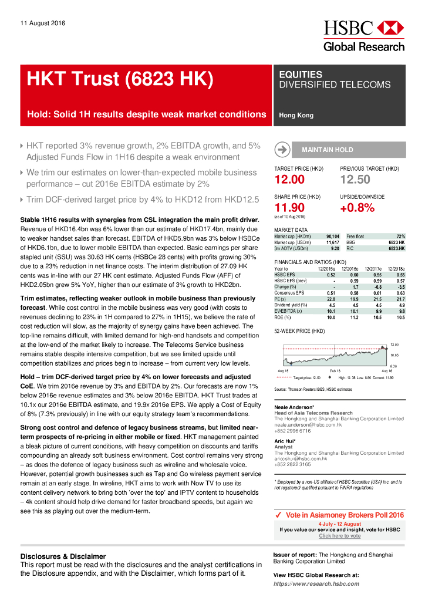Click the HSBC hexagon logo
point(390,28)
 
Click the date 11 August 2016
point(43,23)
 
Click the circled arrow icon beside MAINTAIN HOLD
point(282,150)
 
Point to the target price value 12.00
point(289,180)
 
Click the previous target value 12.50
point(355,180)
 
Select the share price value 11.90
point(289,207)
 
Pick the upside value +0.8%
point(357,207)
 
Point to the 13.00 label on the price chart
point(395,344)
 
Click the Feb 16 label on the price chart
point(335,372)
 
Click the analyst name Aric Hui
point(285,441)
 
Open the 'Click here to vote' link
point(340,536)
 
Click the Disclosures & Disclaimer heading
point(63,556)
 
